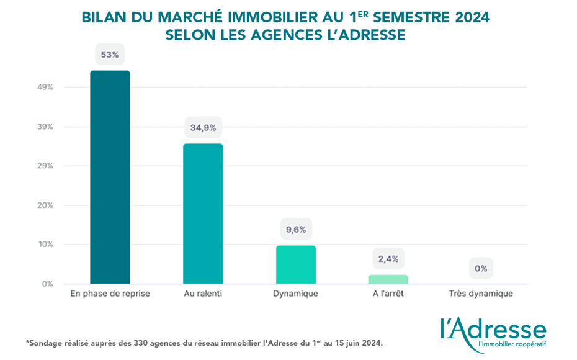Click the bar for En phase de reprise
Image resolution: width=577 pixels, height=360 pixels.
click(110, 177)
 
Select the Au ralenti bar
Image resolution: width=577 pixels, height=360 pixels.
click(203, 214)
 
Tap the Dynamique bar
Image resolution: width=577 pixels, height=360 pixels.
click(296, 265)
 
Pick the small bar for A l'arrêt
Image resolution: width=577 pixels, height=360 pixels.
click(388, 279)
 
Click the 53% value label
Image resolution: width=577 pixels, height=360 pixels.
click(110, 55)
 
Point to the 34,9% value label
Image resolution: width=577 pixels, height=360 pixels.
click(203, 128)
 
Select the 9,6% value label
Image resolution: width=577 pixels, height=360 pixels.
click(296, 230)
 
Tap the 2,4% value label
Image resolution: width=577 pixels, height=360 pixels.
click(388, 259)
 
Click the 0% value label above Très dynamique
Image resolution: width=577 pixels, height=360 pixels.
click(481, 269)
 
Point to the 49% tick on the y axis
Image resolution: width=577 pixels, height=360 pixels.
click(45, 88)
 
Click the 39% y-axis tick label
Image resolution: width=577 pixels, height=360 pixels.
click(45, 127)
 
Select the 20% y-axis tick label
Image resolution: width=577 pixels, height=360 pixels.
click(45, 205)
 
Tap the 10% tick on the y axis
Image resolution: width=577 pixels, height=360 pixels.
click(45, 245)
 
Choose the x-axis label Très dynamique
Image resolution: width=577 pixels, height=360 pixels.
click(481, 294)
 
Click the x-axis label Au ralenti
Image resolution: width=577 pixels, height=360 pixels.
click(203, 294)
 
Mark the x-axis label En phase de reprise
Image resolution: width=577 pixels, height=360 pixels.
click(110, 294)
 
